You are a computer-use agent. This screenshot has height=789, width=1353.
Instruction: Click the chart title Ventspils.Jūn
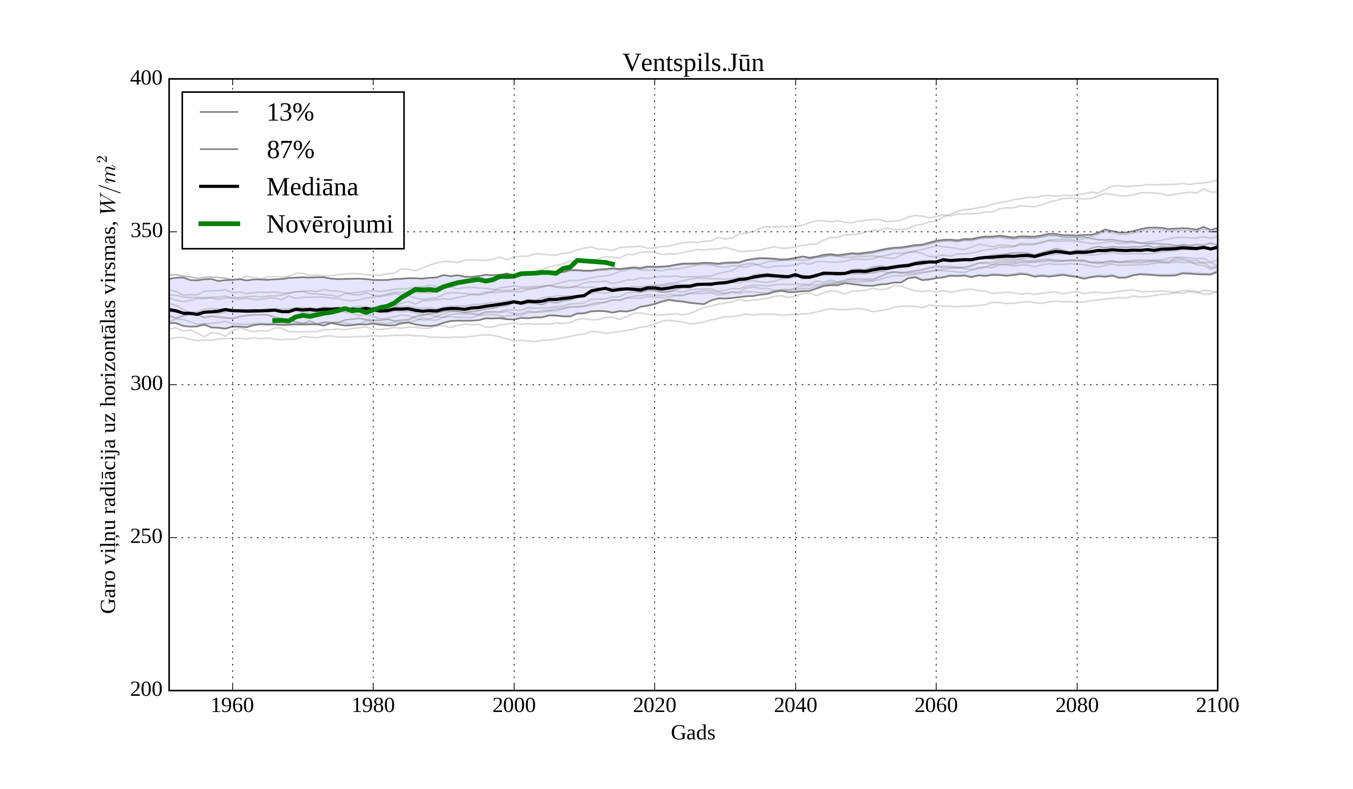point(693,63)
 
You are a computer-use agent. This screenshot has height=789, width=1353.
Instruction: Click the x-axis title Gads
point(693,733)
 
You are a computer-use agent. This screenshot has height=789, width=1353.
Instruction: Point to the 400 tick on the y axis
point(146,79)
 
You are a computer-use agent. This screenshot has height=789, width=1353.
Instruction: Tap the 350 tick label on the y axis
point(146,231)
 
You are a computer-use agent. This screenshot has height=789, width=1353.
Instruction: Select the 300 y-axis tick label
point(146,384)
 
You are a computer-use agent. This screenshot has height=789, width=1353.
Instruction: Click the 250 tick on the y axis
point(146,537)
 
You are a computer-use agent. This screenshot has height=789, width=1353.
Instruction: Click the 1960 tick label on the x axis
point(232,705)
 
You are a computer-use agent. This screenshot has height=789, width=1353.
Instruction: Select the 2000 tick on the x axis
point(514,705)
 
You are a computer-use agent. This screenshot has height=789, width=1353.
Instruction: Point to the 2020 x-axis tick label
point(654,705)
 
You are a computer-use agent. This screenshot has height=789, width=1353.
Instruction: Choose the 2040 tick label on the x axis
point(795,705)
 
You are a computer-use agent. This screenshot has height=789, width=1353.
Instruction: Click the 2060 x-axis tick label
point(936,705)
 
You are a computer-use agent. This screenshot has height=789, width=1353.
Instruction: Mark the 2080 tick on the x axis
point(1076,705)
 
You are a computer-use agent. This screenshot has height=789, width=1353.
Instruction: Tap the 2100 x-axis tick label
point(1217,705)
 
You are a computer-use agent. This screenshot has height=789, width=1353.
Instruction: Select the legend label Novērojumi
point(330,224)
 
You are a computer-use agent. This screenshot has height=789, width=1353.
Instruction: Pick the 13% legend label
point(290,113)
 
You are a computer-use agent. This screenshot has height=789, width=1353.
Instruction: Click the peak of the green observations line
point(577,260)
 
